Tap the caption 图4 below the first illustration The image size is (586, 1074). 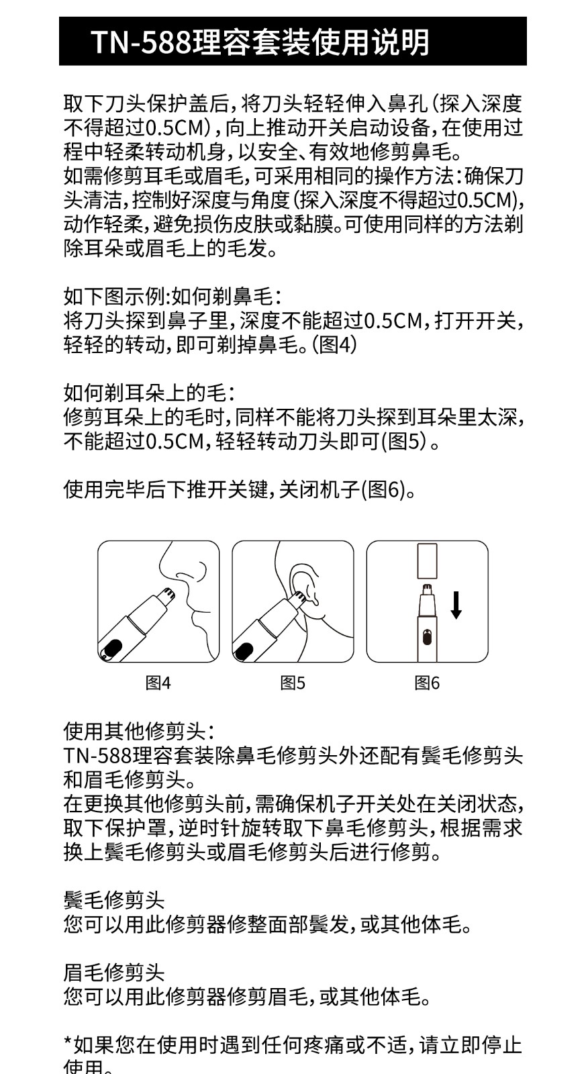(x=158, y=683)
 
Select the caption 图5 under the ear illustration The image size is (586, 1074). (x=293, y=683)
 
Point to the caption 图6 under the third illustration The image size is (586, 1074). (x=427, y=683)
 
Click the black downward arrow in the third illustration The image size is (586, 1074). (x=456, y=605)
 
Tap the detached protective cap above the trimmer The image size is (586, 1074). (x=428, y=561)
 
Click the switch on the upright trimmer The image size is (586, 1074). (x=427, y=637)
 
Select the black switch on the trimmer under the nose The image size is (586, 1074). (x=110, y=647)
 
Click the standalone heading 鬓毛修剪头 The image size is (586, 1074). (x=114, y=900)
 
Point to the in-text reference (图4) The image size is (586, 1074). (x=335, y=345)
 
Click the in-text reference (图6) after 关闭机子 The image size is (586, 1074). (x=383, y=489)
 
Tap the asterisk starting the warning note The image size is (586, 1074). (x=68, y=1040)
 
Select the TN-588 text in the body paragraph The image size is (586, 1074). (x=97, y=755)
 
